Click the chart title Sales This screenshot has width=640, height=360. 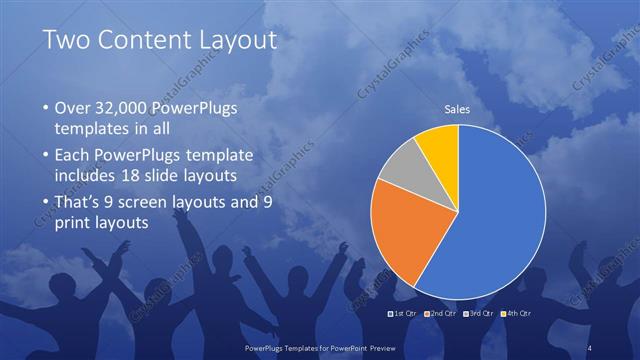pyautogui.click(x=457, y=109)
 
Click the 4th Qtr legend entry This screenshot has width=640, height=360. pyautogui.click(x=515, y=313)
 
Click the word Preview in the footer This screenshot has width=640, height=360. pyautogui.click(x=402, y=346)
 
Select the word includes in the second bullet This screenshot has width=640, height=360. pyautogui.click(x=85, y=176)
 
